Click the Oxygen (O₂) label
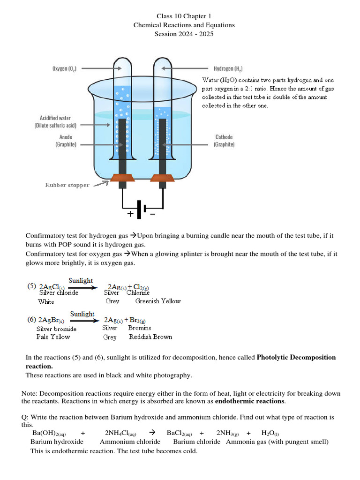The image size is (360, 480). [65, 68]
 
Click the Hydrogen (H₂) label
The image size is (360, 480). [228, 68]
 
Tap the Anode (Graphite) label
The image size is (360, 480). [66, 141]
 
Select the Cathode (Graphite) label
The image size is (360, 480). [224, 141]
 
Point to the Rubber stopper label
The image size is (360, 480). [67, 185]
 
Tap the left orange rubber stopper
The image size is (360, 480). [123, 178]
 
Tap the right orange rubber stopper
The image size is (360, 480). [163, 178]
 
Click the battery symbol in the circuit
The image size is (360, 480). [141, 209]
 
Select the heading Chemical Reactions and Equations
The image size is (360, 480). [184, 25]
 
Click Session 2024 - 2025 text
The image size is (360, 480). [184, 34]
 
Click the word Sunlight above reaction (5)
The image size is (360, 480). [81, 280]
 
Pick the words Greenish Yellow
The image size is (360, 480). [158, 301]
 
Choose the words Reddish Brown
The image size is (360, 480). [150, 337]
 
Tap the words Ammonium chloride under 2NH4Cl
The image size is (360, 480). [130, 442]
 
